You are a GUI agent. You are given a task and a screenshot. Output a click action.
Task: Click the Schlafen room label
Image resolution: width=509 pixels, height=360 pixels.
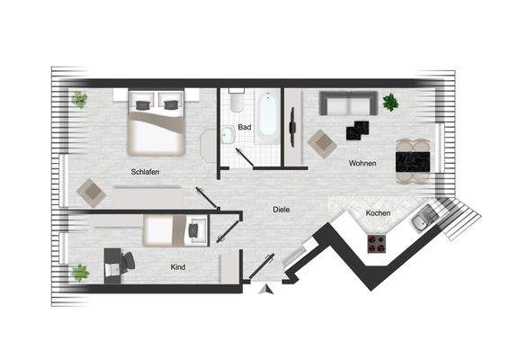[x=145, y=171]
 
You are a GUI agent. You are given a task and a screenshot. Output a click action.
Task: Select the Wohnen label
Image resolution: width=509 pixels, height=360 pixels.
[x=362, y=163]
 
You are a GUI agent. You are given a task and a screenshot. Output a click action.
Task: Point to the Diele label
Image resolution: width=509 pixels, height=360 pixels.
[x=281, y=210]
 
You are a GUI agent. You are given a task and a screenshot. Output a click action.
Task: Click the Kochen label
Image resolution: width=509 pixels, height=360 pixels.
[x=377, y=213]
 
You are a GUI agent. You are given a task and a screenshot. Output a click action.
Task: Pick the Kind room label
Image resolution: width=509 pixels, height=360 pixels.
[x=178, y=267]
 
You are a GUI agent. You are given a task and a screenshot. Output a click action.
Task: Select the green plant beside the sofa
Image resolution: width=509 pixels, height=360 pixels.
[x=390, y=102]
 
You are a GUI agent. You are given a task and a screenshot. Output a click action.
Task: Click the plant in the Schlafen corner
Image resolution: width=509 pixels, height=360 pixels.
[x=80, y=99]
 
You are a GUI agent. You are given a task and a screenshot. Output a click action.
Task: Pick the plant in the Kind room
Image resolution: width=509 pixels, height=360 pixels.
[x=81, y=272]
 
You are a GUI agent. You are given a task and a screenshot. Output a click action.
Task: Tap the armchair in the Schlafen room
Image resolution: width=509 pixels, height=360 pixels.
[x=90, y=190]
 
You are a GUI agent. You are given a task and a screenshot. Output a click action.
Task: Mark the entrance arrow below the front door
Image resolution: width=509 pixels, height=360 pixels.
[x=263, y=290]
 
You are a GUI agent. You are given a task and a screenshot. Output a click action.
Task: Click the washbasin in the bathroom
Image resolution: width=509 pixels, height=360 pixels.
[x=228, y=135]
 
